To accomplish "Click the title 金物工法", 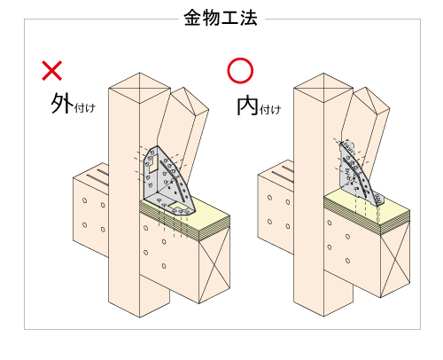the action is pos(221,18).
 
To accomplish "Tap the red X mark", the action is pos(52,71).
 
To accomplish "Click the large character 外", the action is pos(62,103).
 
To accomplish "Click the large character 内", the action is pos(247,106).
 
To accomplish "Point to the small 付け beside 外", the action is pos(85,108).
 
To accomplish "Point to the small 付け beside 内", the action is pos(270,110).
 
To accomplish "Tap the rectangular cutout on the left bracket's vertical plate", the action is pos(153,163).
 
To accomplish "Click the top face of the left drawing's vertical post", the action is pos(140,88).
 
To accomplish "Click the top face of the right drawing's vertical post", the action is pos(323,88).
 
